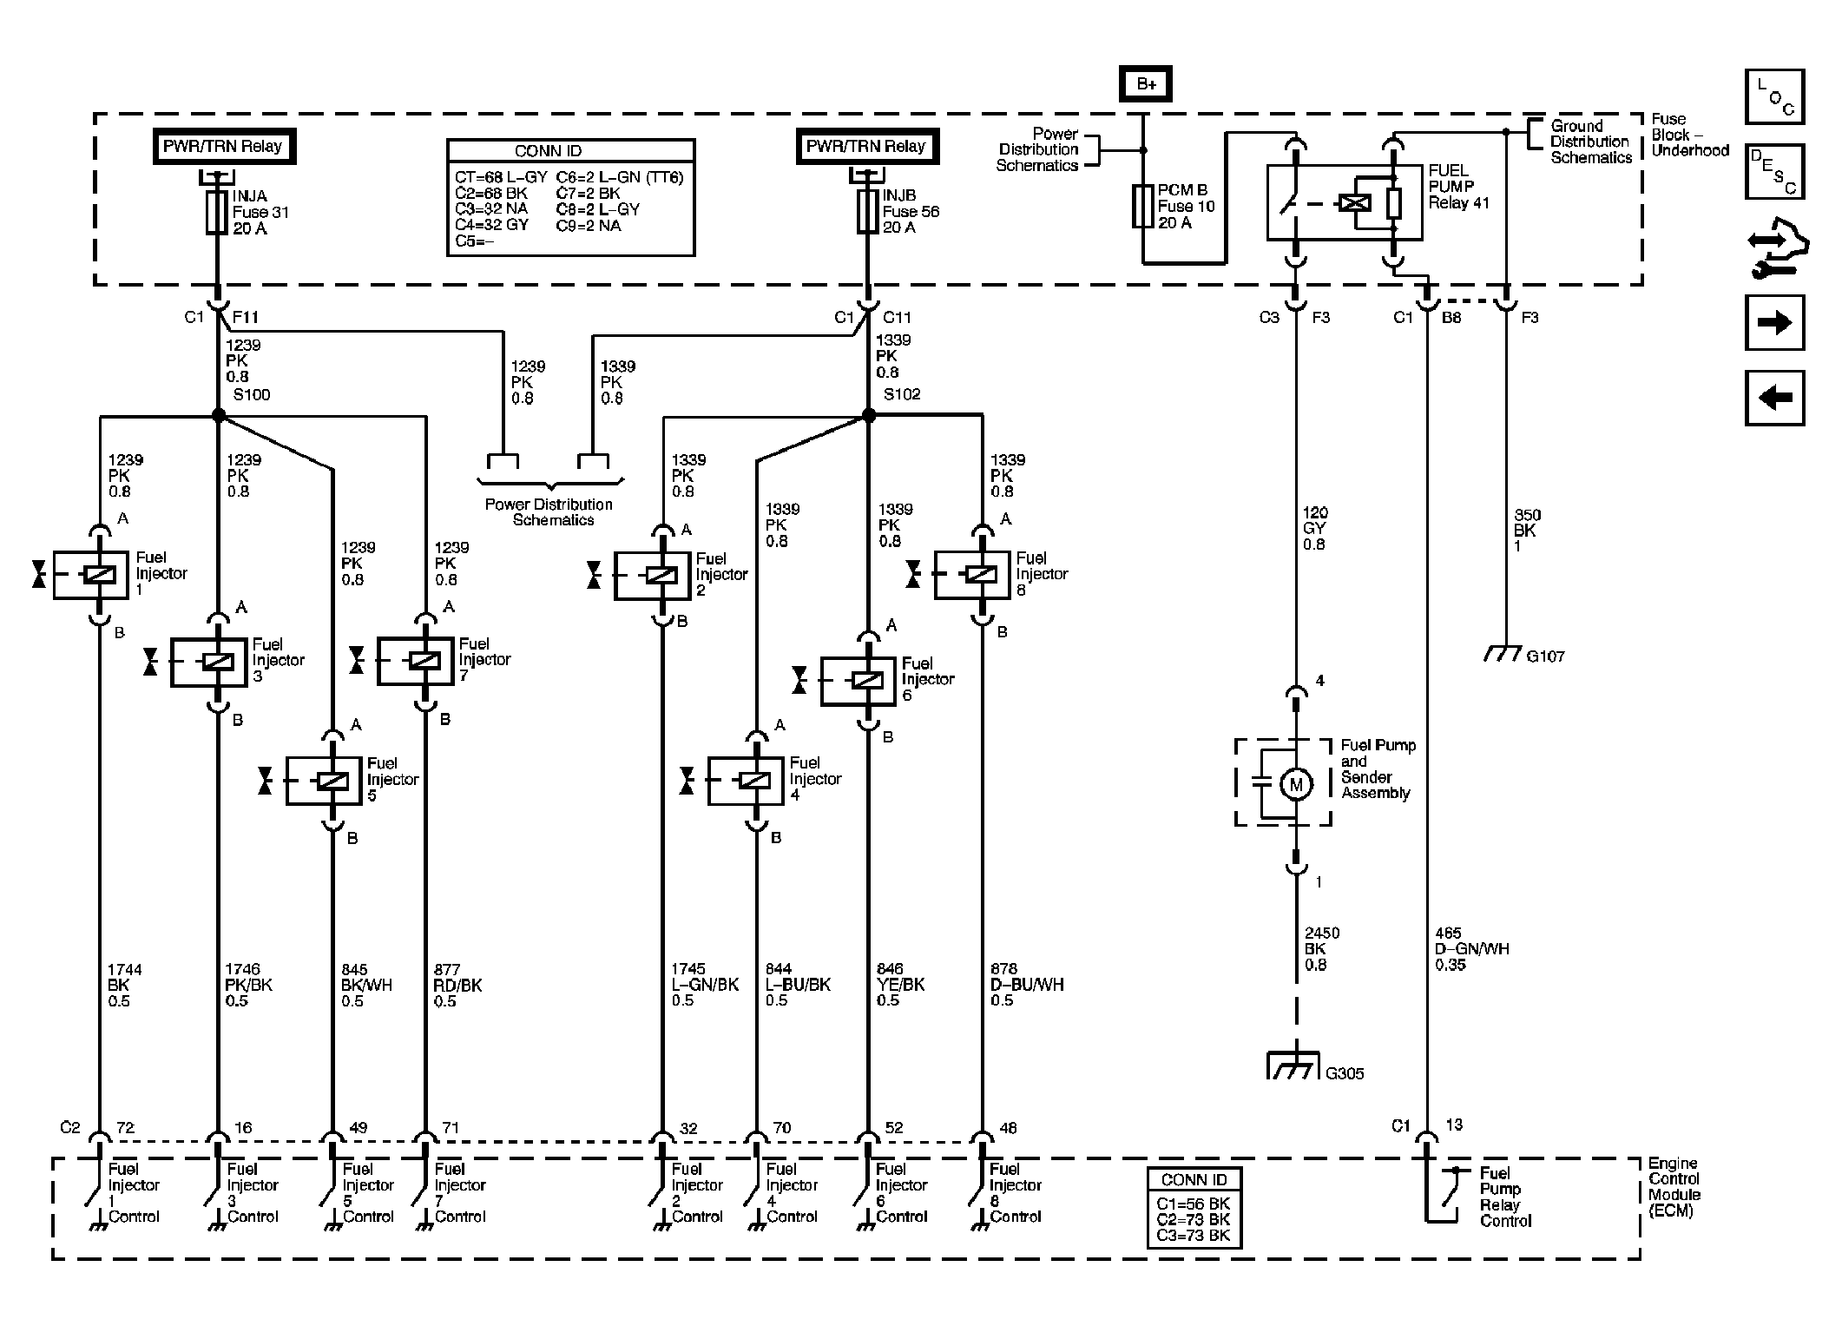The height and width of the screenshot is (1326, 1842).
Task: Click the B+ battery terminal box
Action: [x=1145, y=84]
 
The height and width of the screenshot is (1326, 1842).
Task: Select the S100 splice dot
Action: [x=219, y=416]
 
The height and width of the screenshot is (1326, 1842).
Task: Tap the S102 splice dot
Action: [x=868, y=416]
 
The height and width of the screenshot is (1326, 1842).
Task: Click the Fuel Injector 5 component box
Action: [x=324, y=781]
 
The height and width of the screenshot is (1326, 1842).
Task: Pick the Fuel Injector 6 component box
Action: [x=858, y=680]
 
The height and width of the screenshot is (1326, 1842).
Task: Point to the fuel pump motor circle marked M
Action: [x=1296, y=785]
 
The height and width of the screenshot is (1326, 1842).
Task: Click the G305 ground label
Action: [x=1345, y=1073]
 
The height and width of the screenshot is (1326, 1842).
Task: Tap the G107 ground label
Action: [x=1545, y=656]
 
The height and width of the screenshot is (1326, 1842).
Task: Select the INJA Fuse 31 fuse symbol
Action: [x=217, y=213]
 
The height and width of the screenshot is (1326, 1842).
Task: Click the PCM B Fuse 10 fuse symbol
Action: [x=1142, y=207]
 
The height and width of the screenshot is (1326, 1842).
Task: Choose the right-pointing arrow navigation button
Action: [x=1774, y=323]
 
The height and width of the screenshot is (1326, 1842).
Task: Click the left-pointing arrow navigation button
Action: [x=1774, y=398]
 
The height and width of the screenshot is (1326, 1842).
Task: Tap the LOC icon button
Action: [x=1774, y=96]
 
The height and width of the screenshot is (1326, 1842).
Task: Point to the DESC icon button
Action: [x=1774, y=172]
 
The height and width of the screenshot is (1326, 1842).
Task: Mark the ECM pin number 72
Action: [x=125, y=1128]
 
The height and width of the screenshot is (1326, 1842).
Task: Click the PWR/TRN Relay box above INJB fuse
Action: [x=866, y=147]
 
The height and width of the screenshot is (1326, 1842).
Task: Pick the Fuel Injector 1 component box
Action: [x=91, y=575]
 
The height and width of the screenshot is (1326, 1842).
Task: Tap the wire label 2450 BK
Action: [x=1322, y=941]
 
